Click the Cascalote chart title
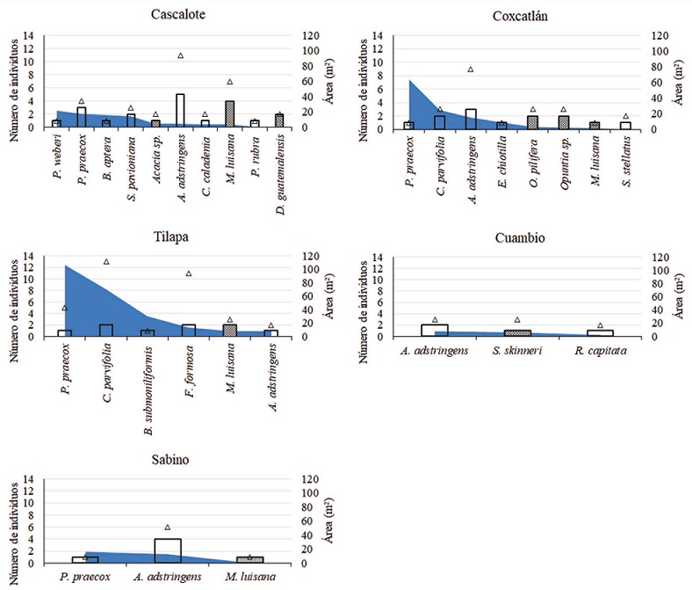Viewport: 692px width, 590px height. tap(173, 15)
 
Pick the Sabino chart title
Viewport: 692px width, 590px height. tap(173, 460)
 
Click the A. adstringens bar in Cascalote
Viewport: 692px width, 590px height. tap(180, 111)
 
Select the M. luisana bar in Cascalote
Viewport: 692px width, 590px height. tap(230, 114)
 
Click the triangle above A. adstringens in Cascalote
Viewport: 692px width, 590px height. tap(180, 55)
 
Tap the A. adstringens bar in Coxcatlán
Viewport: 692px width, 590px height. tap(471, 119)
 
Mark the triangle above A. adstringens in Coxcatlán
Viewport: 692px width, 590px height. tap(471, 69)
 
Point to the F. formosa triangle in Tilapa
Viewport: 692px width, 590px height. tap(188, 273)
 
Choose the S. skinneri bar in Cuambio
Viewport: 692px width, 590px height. tap(517, 332)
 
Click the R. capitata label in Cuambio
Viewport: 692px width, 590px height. tap(600, 352)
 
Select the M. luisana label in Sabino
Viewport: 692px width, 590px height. tap(249, 577)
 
